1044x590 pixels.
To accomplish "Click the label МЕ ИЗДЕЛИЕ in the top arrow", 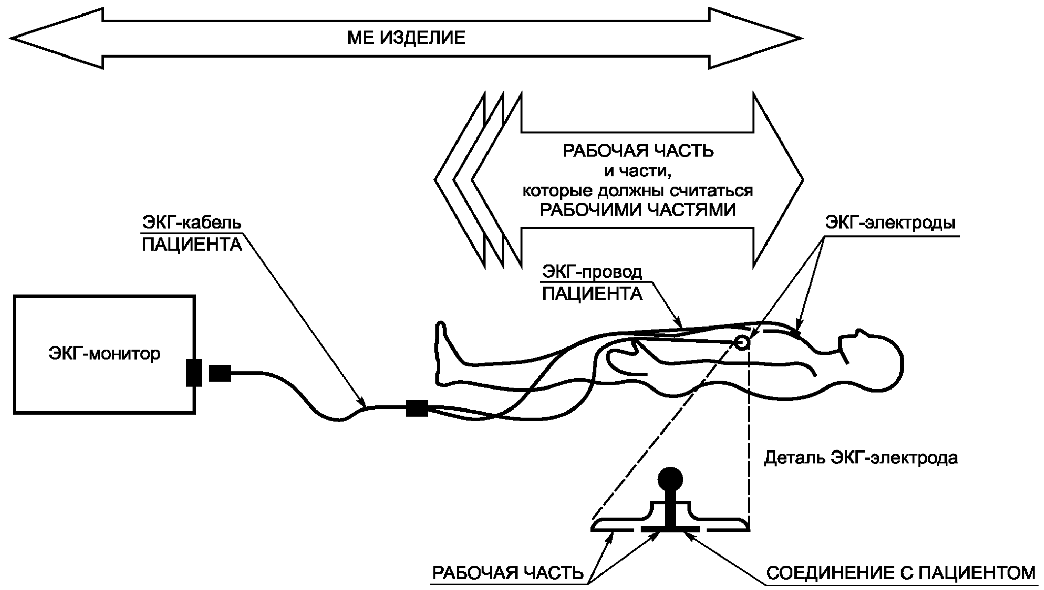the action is (x=406, y=38).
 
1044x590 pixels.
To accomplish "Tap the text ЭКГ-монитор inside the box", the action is (x=104, y=354).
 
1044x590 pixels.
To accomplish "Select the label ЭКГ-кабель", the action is (x=192, y=223).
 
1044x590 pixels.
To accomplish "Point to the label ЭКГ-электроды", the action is (x=890, y=223).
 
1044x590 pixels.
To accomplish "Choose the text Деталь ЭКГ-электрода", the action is (x=861, y=458).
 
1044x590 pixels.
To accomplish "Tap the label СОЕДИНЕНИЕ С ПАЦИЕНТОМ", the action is (x=901, y=573).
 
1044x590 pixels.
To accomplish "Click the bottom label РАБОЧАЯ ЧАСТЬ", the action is (x=508, y=573).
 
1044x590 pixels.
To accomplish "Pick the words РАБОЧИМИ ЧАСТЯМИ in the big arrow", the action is (x=638, y=210).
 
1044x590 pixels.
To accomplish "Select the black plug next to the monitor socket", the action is (x=220, y=373).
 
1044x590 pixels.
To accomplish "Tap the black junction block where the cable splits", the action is (x=417, y=408).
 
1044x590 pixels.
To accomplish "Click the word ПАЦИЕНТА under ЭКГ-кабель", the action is (x=192, y=245).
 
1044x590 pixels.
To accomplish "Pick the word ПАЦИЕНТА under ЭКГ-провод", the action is (x=592, y=294).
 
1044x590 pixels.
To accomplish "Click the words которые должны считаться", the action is (x=638, y=191).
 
